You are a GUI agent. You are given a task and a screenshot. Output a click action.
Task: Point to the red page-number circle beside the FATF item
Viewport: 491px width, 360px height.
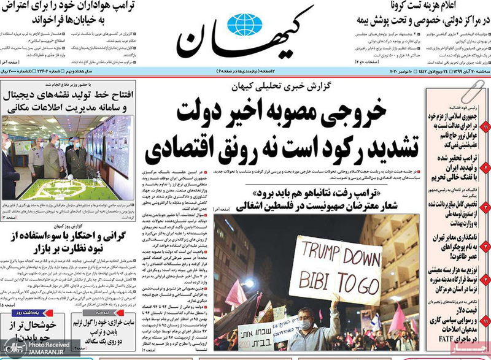[485, 320]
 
